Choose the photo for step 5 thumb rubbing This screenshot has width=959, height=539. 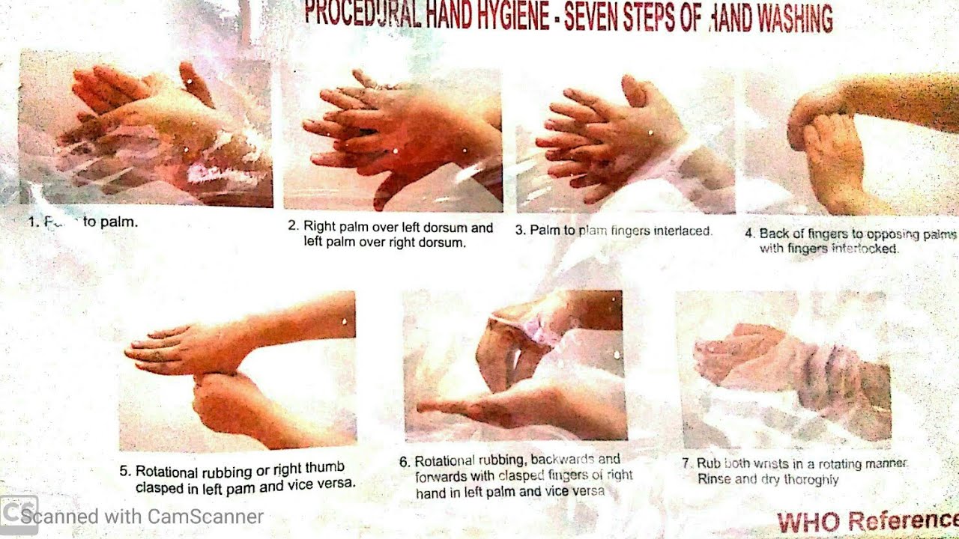(x=238, y=371)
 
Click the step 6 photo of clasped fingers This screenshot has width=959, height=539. (x=515, y=365)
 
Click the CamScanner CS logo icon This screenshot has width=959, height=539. (x=18, y=516)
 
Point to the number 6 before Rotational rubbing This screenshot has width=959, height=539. (x=404, y=462)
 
